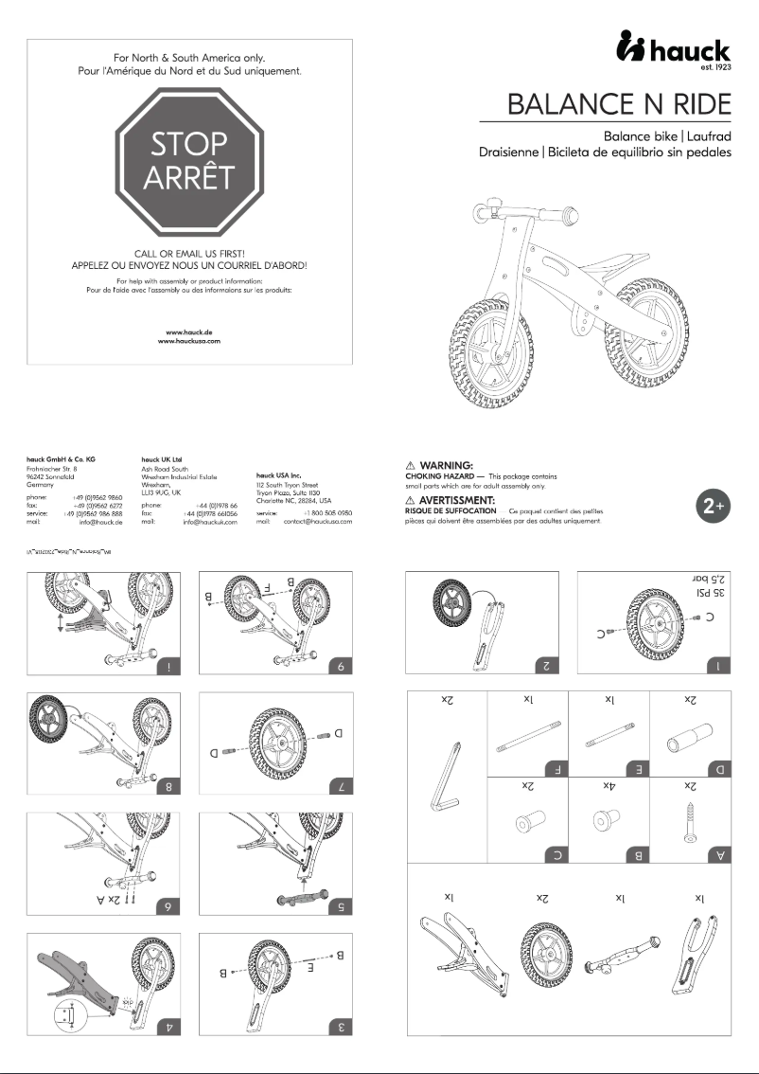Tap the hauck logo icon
point(631,46)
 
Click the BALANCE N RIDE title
point(619,104)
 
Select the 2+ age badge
point(712,506)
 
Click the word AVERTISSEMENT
point(457,499)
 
